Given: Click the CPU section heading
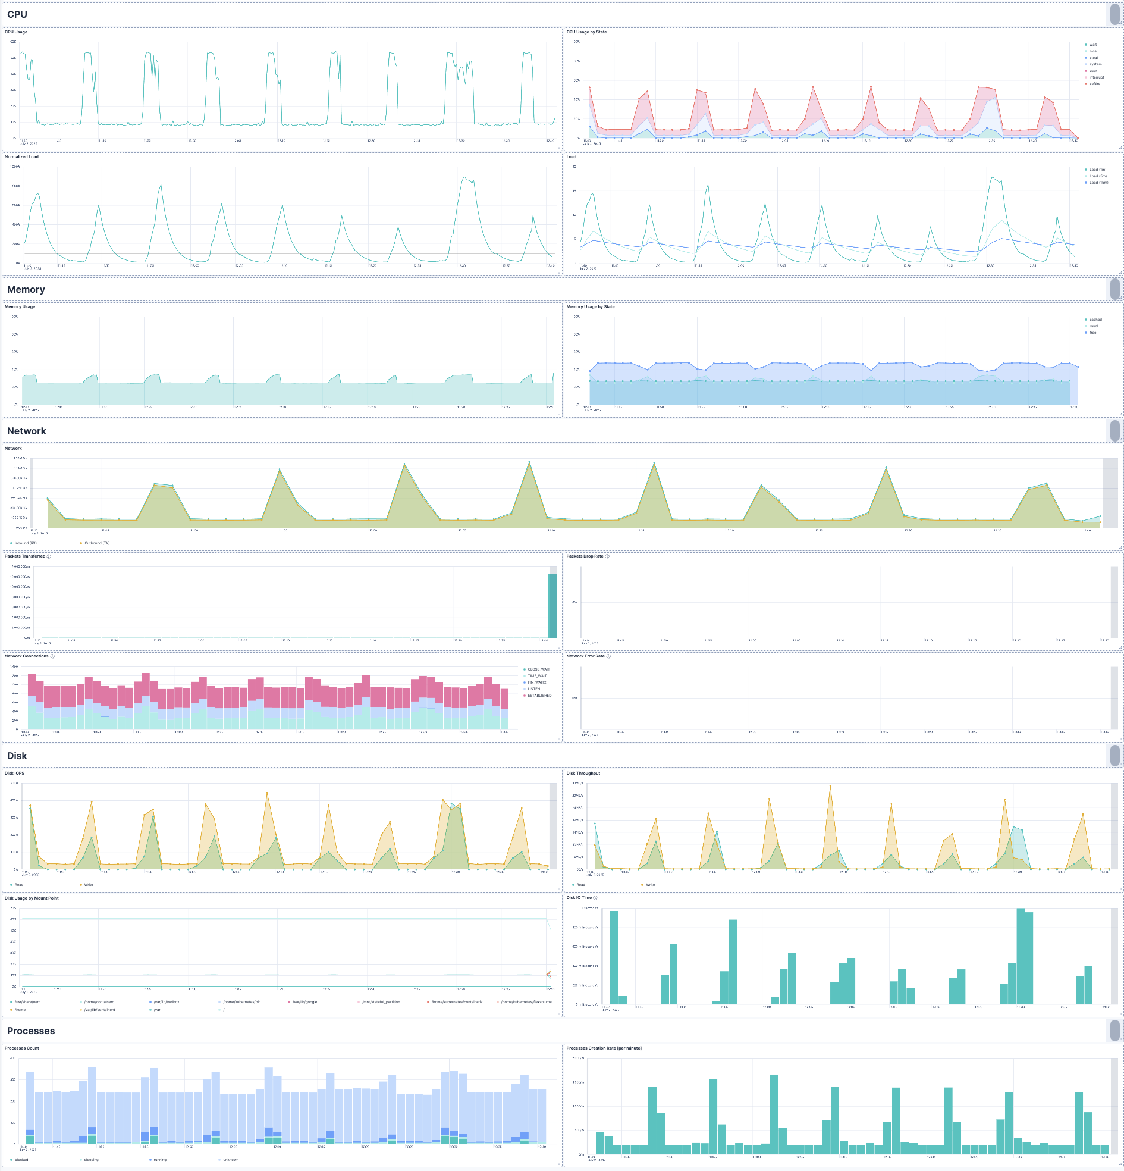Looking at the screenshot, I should point(17,14).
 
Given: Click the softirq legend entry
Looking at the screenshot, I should point(1094,84).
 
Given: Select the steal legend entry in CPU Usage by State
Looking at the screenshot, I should point(1093,58).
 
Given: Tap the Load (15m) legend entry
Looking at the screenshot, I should point(1098,183).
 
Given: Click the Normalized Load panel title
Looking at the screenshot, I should point(21,157).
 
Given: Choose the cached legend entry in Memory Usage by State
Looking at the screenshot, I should point(1095,320).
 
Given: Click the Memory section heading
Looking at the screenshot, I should point(26,290).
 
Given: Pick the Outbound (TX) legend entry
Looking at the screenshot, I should point(96,543).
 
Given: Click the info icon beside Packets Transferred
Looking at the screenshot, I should point(49,556).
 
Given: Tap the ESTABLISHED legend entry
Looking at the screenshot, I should point(539,696).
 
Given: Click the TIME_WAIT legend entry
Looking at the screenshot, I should point(536,676).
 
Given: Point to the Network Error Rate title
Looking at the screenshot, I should point(585,656).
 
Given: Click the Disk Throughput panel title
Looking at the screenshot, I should point(583,773).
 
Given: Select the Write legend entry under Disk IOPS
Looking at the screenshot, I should point(88,885).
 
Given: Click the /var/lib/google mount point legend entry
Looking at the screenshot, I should point(304,1002).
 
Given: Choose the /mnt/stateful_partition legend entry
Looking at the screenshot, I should point(381,1002).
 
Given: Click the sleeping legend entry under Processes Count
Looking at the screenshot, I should point(91,1160).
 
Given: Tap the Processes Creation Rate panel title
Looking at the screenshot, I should point(603,1048).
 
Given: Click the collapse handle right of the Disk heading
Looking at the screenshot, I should point(1114,756).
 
